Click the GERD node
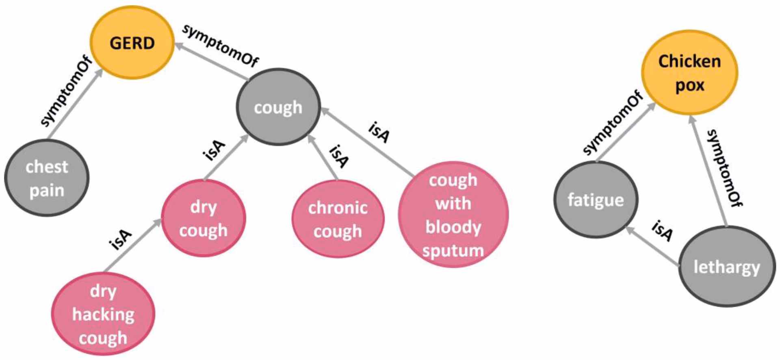132,43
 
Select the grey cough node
278,107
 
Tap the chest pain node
47,178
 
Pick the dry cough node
204,218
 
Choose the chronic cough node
338,219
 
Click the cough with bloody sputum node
453,215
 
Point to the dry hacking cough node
103,314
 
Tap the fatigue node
596,200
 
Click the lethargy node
726,267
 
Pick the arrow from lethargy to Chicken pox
709,171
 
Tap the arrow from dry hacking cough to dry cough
132,245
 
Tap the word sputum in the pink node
453,250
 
